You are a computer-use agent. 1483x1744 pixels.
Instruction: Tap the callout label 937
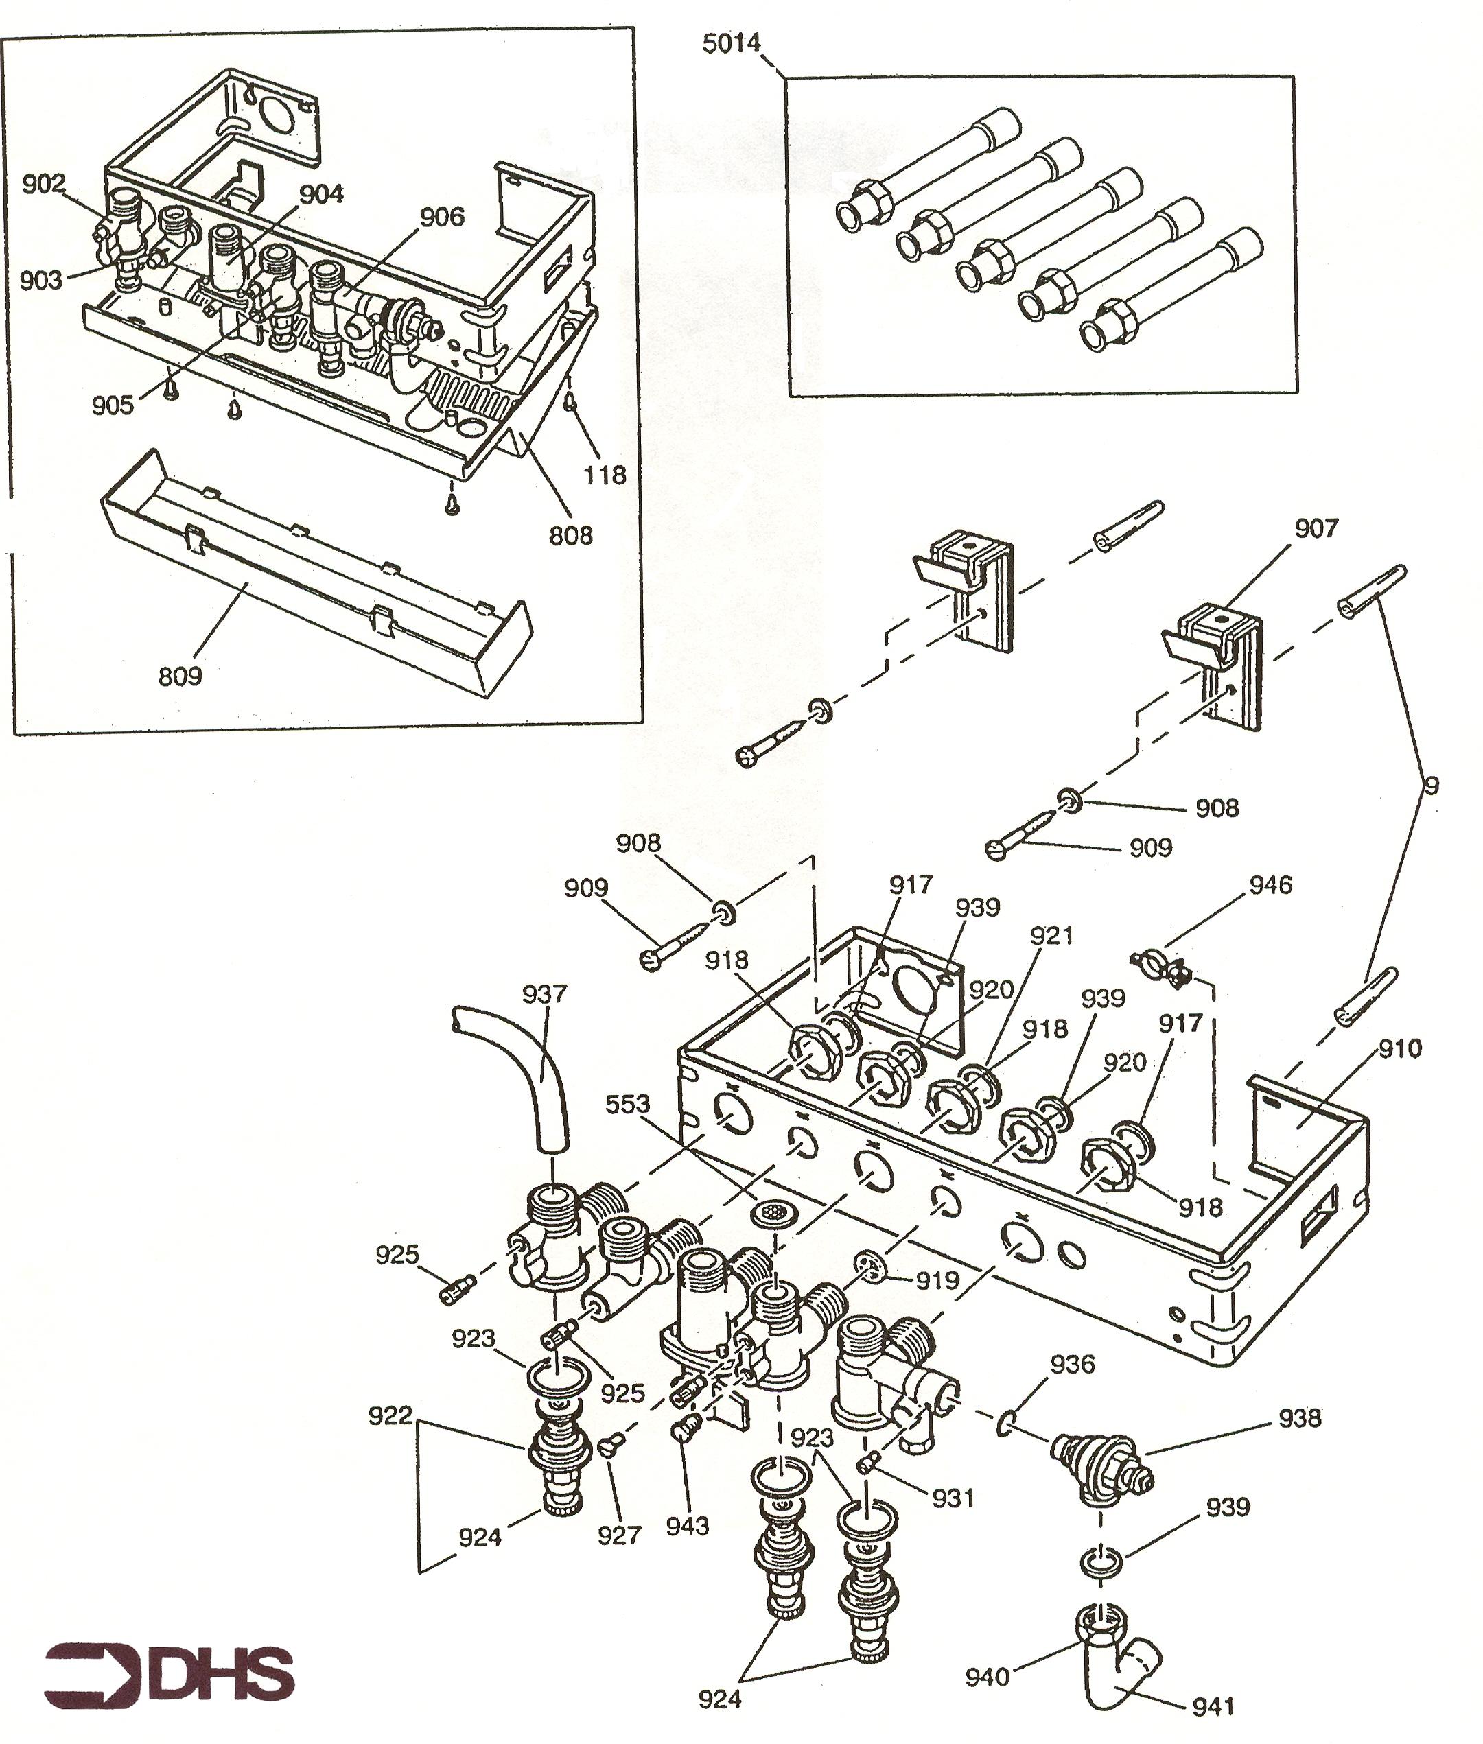coord(544,994)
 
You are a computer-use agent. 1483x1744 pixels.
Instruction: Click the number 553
coord(629,1105)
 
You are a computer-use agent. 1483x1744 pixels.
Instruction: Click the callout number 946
coord(1270,885)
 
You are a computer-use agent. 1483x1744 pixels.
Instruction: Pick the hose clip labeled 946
coord(1161,967)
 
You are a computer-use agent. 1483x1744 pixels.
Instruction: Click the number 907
coord(1316,529)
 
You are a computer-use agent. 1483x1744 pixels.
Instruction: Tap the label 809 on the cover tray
coord(180,676)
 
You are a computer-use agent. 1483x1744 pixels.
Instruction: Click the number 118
coord(605,475)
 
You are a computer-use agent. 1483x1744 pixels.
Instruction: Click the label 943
coord(688,1525)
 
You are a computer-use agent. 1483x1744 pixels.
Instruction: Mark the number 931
coord(953,1498)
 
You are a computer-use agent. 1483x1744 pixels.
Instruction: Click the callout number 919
coord(937,1281)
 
